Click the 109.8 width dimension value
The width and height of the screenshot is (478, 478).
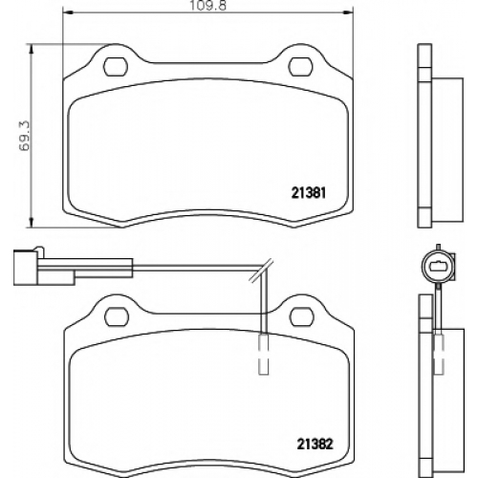pyautogui.click(x=207, y=6)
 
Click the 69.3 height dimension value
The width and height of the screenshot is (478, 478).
pyautogui.click(x=24, y=136)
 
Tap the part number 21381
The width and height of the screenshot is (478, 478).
pyautogui.click(x=309, y=193)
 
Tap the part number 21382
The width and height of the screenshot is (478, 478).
pyautogui.click(x=315, y=444)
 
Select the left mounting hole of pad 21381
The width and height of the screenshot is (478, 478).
pyautogui.click(x=116, y=67)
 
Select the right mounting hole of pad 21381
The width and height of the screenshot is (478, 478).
pyautogui.click(x=300, y=67)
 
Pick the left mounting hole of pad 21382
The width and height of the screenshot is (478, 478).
pyautogui.click(x=117, y=316)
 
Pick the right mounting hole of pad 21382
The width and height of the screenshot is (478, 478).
pyautogui.click(x=301, y=316)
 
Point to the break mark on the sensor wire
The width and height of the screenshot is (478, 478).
pyautogui.click(x=261, y=271)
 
